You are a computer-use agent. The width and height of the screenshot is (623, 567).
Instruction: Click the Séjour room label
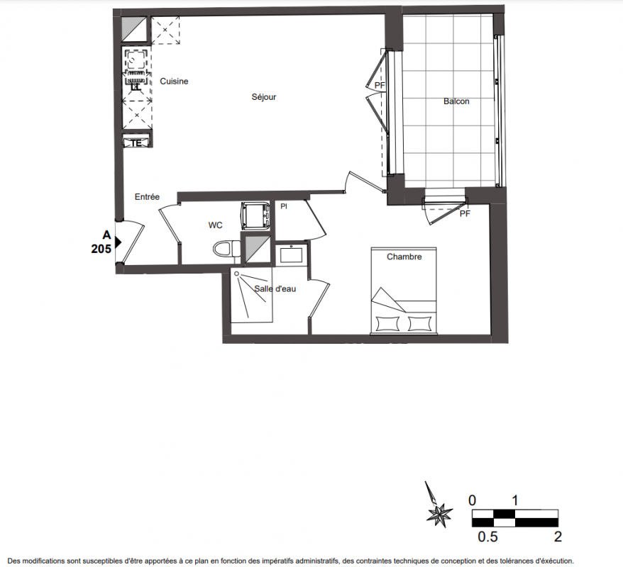pos(263,97)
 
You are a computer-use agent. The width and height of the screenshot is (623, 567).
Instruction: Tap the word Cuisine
pos(174,82)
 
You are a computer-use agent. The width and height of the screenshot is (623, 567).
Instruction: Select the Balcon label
pos(456,101)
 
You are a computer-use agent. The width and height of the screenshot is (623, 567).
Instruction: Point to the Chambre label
pos(404,257)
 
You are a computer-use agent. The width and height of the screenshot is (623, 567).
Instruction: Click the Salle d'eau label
pos(275,289)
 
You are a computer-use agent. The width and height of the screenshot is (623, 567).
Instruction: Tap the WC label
pos(215,225)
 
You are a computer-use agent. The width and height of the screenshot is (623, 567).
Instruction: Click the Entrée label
pos(147,197)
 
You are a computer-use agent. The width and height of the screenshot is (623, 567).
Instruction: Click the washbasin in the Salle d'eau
pos(291,254)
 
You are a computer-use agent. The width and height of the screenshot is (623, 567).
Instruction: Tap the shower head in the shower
pos(237,274)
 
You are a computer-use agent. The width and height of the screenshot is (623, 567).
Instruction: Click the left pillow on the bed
pos(387,323)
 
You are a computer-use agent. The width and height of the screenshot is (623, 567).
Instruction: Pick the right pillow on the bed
pos(419,323)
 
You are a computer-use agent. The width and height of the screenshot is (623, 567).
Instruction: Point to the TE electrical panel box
pos(136,142)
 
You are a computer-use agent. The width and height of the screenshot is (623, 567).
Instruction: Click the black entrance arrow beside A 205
pos(118,242)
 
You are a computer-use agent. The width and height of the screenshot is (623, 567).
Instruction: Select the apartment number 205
pos(101,249)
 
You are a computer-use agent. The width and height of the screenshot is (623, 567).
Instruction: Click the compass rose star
pos(439,515)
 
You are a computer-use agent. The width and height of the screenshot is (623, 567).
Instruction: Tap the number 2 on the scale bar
pos(558,537)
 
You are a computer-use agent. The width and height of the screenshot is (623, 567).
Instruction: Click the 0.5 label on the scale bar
pos(487,537)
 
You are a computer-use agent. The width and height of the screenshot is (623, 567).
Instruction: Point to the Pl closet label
pos(284,206)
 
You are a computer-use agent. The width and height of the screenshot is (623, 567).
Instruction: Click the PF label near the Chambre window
pos(465,214)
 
